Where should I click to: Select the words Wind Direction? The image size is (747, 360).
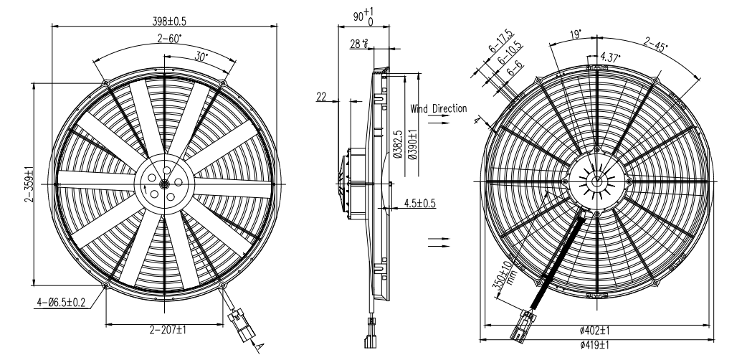[439, 109]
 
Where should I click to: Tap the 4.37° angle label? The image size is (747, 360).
[611, 56]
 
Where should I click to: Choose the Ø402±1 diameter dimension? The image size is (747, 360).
[595, 331]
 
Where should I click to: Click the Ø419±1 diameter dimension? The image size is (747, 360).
[595, 345]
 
